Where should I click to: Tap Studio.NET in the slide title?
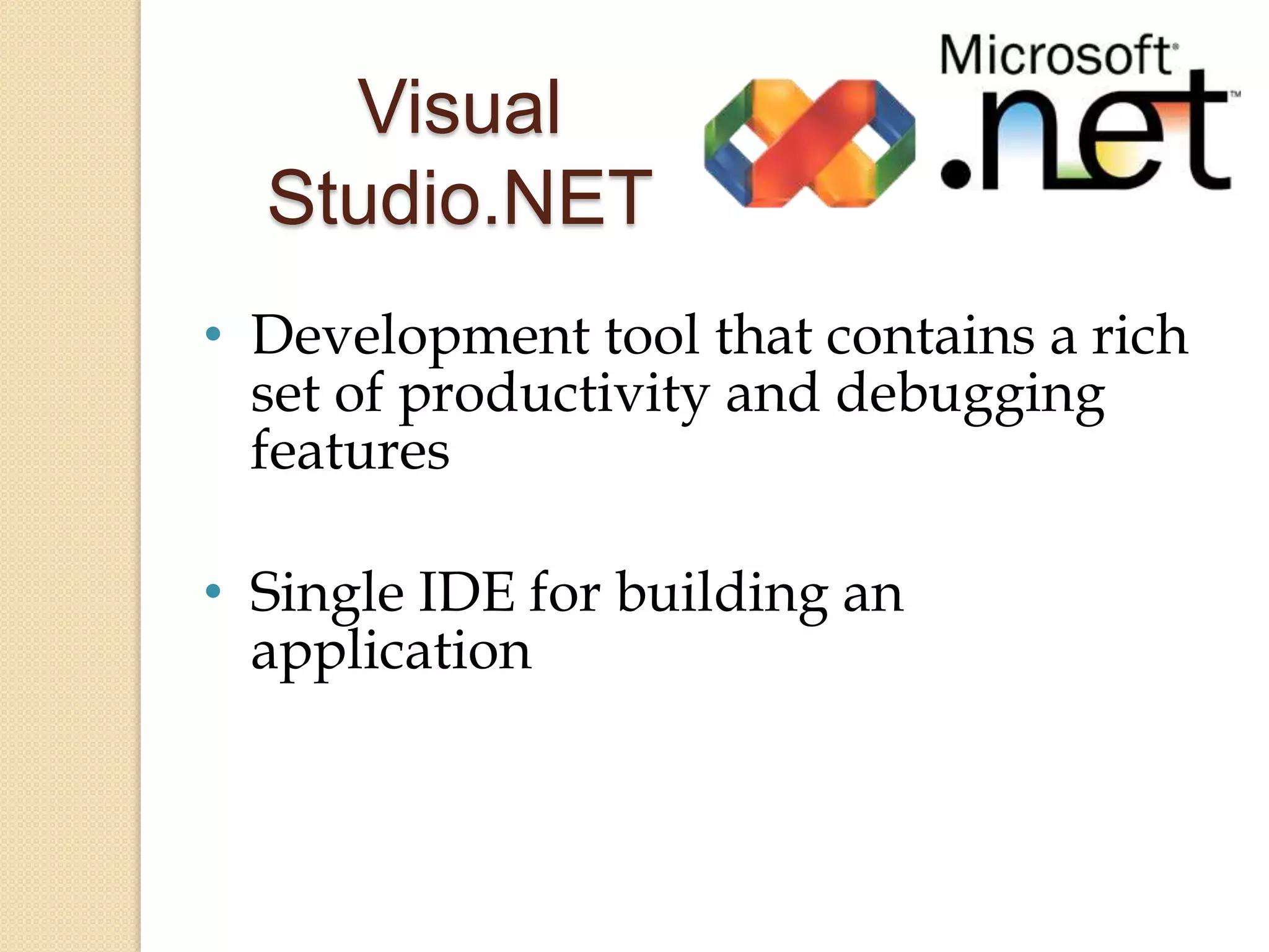(459, 197)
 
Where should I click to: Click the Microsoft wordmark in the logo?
(1056, 56)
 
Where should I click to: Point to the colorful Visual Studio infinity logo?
(809, 143)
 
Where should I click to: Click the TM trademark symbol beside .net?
(1234, 95)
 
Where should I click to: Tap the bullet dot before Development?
(213, 335)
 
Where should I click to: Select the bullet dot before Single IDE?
(213, 592)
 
